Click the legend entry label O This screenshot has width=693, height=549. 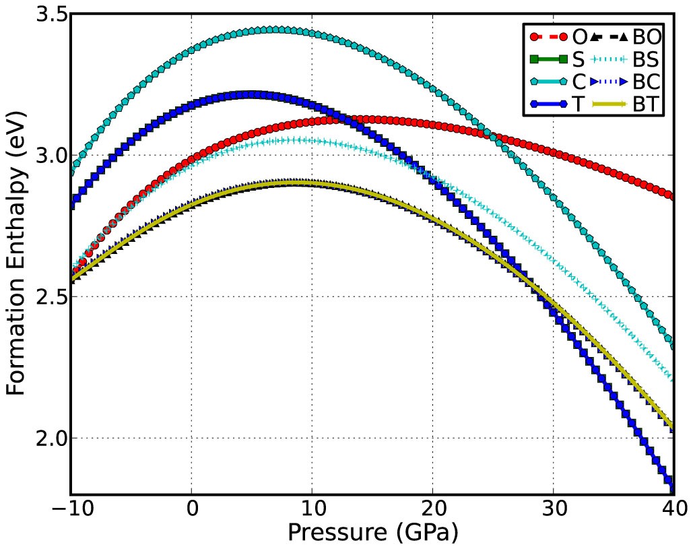tap(580, 36)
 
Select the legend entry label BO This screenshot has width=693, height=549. tap(647, 36)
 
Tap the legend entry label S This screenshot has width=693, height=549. tap(579, 59)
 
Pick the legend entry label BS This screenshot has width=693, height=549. tap(647, 59)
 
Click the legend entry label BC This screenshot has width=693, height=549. tap(647, 82)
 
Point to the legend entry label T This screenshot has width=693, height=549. tap(578, 105)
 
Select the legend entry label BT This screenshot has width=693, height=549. tap(647, 105)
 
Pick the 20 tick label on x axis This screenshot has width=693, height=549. tap(432, 507)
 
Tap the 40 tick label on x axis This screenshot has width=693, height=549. tap(673, 507)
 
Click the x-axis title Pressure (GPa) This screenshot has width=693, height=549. tap(372, 532)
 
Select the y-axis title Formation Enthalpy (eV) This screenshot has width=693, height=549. tap(18, 255)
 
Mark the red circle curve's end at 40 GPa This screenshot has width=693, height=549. tap(673, 196)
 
